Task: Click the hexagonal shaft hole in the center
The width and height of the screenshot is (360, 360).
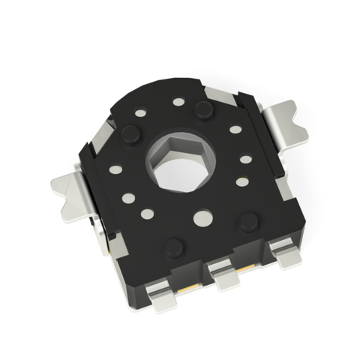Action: [x=186, y=164]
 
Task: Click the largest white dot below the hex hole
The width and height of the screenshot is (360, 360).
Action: [x=201, y=217]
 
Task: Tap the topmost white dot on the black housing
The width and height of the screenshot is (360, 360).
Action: [x=178, y=101]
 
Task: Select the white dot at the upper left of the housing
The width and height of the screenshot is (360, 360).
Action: [x=141, y=113]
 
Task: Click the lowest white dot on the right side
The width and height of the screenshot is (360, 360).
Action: [x=241, y=181]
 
